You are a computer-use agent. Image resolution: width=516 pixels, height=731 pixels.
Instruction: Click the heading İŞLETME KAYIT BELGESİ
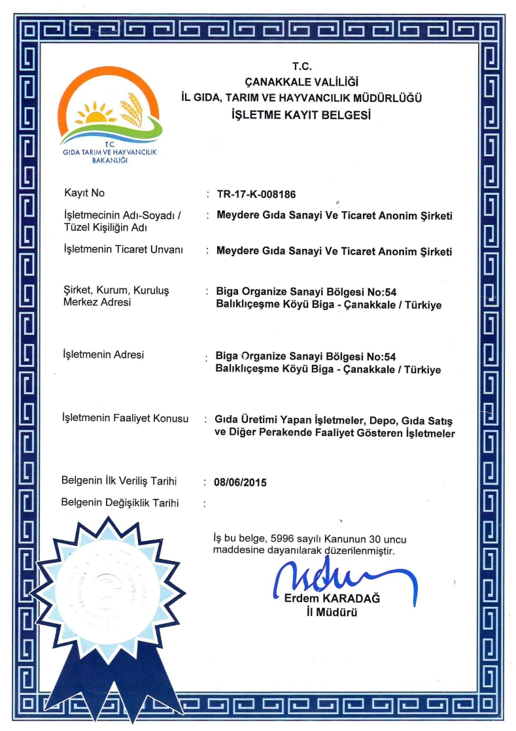click(x=301, y=115)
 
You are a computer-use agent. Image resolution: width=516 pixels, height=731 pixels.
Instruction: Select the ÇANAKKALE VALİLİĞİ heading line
click(x=301, y=82)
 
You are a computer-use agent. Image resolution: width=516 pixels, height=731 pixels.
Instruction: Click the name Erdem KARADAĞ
click(x=332, y=600)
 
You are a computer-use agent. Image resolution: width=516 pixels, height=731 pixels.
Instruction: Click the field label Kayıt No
click(x=84, y=193)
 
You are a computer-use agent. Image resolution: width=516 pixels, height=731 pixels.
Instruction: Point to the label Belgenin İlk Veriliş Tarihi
click(x=119, y=481)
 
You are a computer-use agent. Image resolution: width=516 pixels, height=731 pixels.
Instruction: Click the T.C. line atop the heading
click(x=301, y=65)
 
